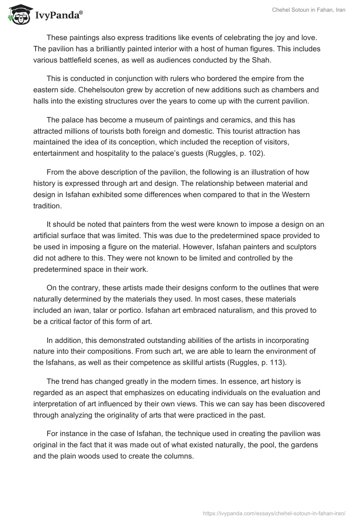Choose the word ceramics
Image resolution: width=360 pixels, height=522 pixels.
coord(226,120)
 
